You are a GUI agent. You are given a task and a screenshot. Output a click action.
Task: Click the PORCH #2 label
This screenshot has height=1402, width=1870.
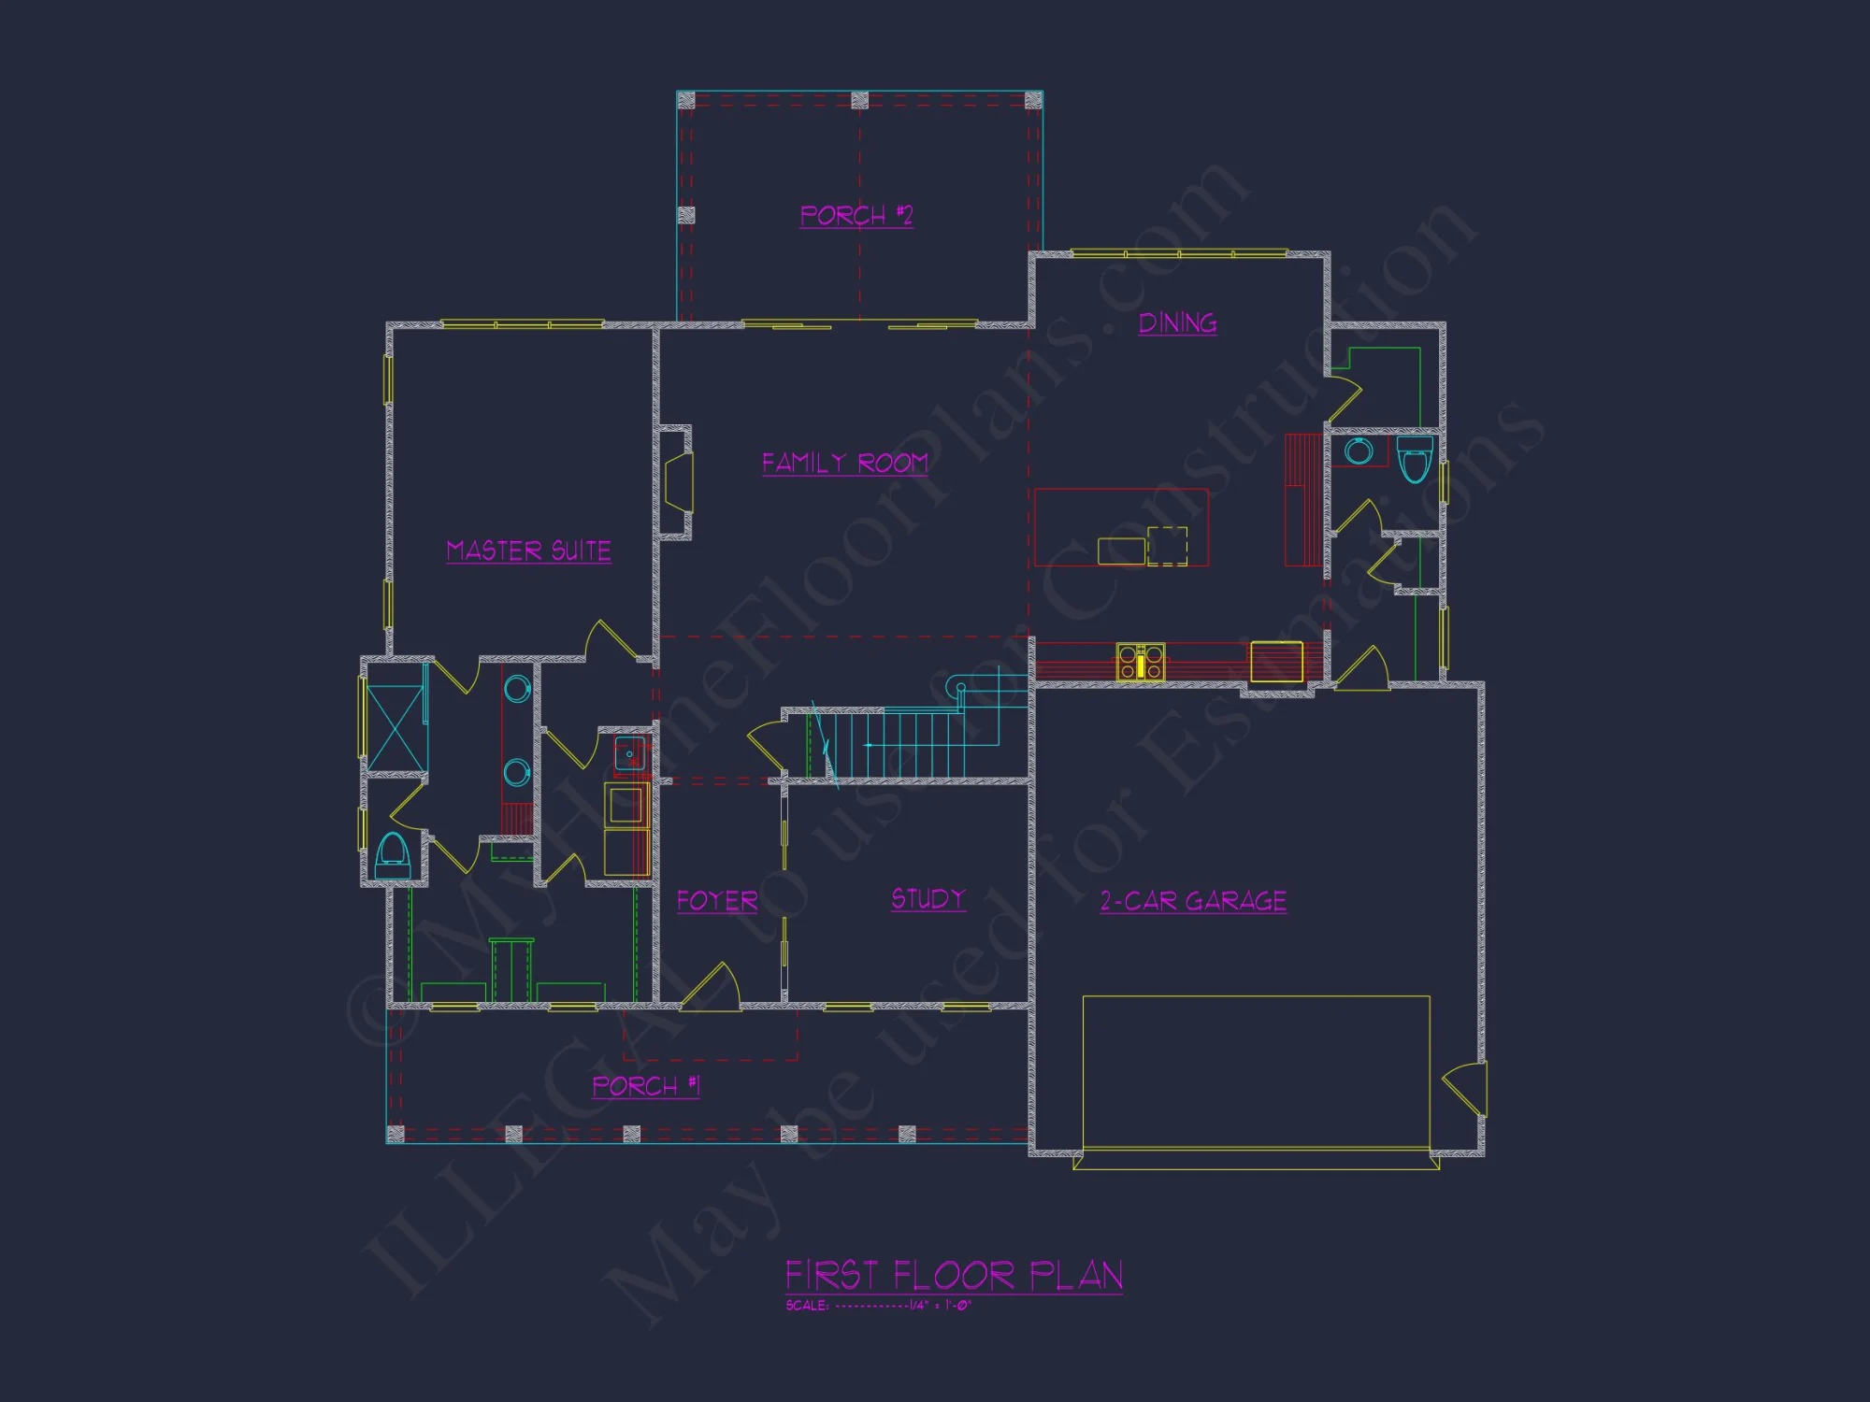coord(856,216)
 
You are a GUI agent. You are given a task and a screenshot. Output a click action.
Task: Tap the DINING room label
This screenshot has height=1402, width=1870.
coord(1177,323)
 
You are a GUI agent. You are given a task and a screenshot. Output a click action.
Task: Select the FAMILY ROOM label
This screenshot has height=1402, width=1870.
coord(844,463)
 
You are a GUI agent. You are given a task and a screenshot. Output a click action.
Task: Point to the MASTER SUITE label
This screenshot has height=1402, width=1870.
coord(528,551)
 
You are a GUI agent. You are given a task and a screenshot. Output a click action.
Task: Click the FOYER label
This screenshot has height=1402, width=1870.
coord(717,901)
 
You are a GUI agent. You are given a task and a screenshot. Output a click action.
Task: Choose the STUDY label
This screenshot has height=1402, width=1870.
coord(928,899)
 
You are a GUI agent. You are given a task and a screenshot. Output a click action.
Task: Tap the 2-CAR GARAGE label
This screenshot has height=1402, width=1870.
coord(1193,901)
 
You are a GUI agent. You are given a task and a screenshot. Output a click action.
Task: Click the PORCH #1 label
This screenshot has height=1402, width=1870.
coord(645,1086)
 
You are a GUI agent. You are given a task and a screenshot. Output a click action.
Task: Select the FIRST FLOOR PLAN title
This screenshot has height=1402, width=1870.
coord(953,1276)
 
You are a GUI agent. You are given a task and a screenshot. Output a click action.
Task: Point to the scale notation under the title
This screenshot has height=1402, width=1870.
coord(878,1306)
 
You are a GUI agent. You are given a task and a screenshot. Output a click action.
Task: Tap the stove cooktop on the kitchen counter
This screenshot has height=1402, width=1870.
coord(1141,662)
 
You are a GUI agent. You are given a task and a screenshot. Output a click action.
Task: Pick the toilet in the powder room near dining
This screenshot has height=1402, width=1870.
coord(1415,459)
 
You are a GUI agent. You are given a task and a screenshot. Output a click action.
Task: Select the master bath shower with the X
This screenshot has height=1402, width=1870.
coord(396,727)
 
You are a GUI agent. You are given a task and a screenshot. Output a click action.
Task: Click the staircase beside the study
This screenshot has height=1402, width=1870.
coord(898,743)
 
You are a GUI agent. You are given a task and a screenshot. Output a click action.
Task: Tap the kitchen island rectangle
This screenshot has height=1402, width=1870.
coord(1121,528)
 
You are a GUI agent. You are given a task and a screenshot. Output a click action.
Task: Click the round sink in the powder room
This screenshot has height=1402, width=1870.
coord(1359,452)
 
